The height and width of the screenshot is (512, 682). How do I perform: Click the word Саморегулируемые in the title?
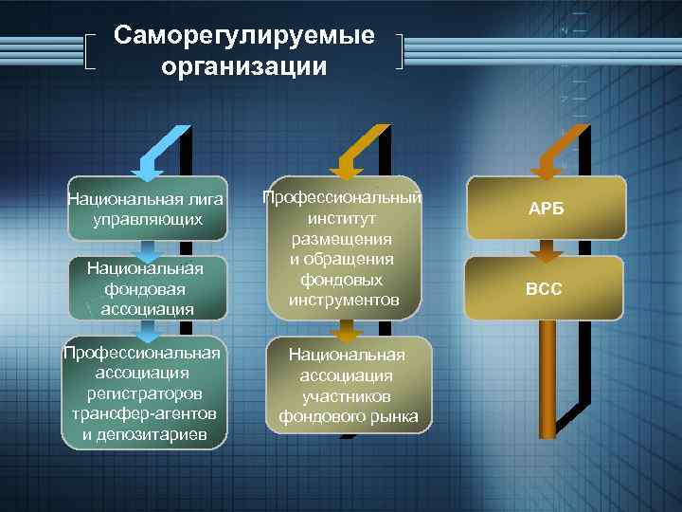[243, 36]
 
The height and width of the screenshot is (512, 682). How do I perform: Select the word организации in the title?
[243, 67]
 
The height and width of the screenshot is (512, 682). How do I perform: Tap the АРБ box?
[545, 209]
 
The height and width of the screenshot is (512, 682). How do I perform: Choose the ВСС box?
[545, 288]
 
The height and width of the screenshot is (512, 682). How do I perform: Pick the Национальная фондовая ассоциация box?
[146, 288]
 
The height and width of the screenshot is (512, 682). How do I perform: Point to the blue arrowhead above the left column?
[148, 169]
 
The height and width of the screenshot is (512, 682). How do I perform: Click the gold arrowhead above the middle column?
[347, 169]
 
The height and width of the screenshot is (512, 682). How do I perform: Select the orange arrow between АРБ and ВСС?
[547, 250]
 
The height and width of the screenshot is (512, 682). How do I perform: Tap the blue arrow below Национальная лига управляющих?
[148, 250]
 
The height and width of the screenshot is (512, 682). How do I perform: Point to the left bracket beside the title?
[89, 53]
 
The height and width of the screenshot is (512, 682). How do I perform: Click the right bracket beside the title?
[402, 53]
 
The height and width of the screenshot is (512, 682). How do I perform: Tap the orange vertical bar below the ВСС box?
[547, 379]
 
